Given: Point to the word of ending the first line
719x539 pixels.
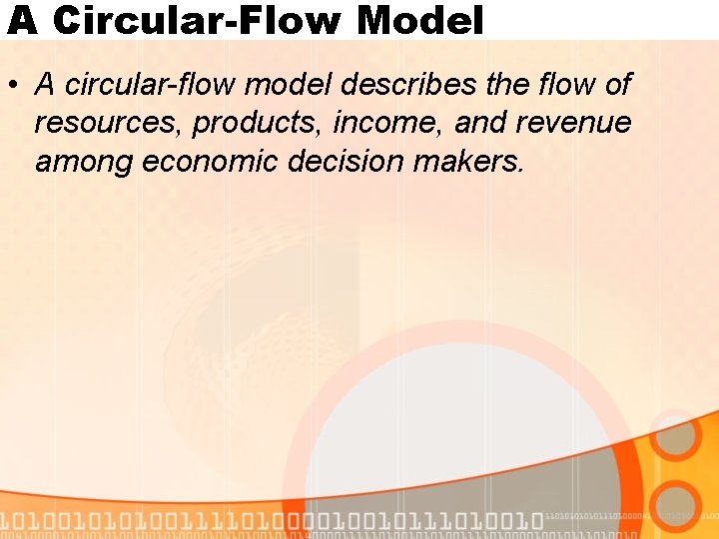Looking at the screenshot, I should point(617,85).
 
